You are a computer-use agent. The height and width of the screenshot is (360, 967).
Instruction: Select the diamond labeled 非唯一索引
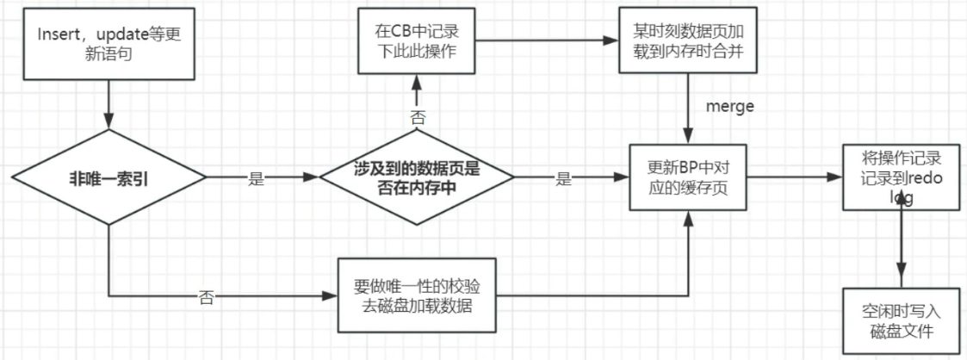point(108,178)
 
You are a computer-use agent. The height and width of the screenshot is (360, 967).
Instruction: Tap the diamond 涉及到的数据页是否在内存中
point(417,178)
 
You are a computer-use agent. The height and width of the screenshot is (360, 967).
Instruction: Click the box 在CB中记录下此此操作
point(417,42)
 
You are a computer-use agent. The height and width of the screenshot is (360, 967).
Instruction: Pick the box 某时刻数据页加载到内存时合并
point(687,42)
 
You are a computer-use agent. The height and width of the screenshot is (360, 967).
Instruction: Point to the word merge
point(730,107)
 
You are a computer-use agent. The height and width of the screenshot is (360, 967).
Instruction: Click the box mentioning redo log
point(900,178)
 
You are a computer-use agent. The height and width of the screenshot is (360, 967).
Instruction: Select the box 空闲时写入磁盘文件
point(900,323)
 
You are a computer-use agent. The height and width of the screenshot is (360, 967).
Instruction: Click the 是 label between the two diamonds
point(256,179)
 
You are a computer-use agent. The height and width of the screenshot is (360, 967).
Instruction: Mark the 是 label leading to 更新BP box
point(564,179)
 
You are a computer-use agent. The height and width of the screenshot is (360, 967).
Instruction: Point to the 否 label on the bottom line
point(206,298)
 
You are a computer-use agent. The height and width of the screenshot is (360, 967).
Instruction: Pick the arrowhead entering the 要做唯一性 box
point(332,296)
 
